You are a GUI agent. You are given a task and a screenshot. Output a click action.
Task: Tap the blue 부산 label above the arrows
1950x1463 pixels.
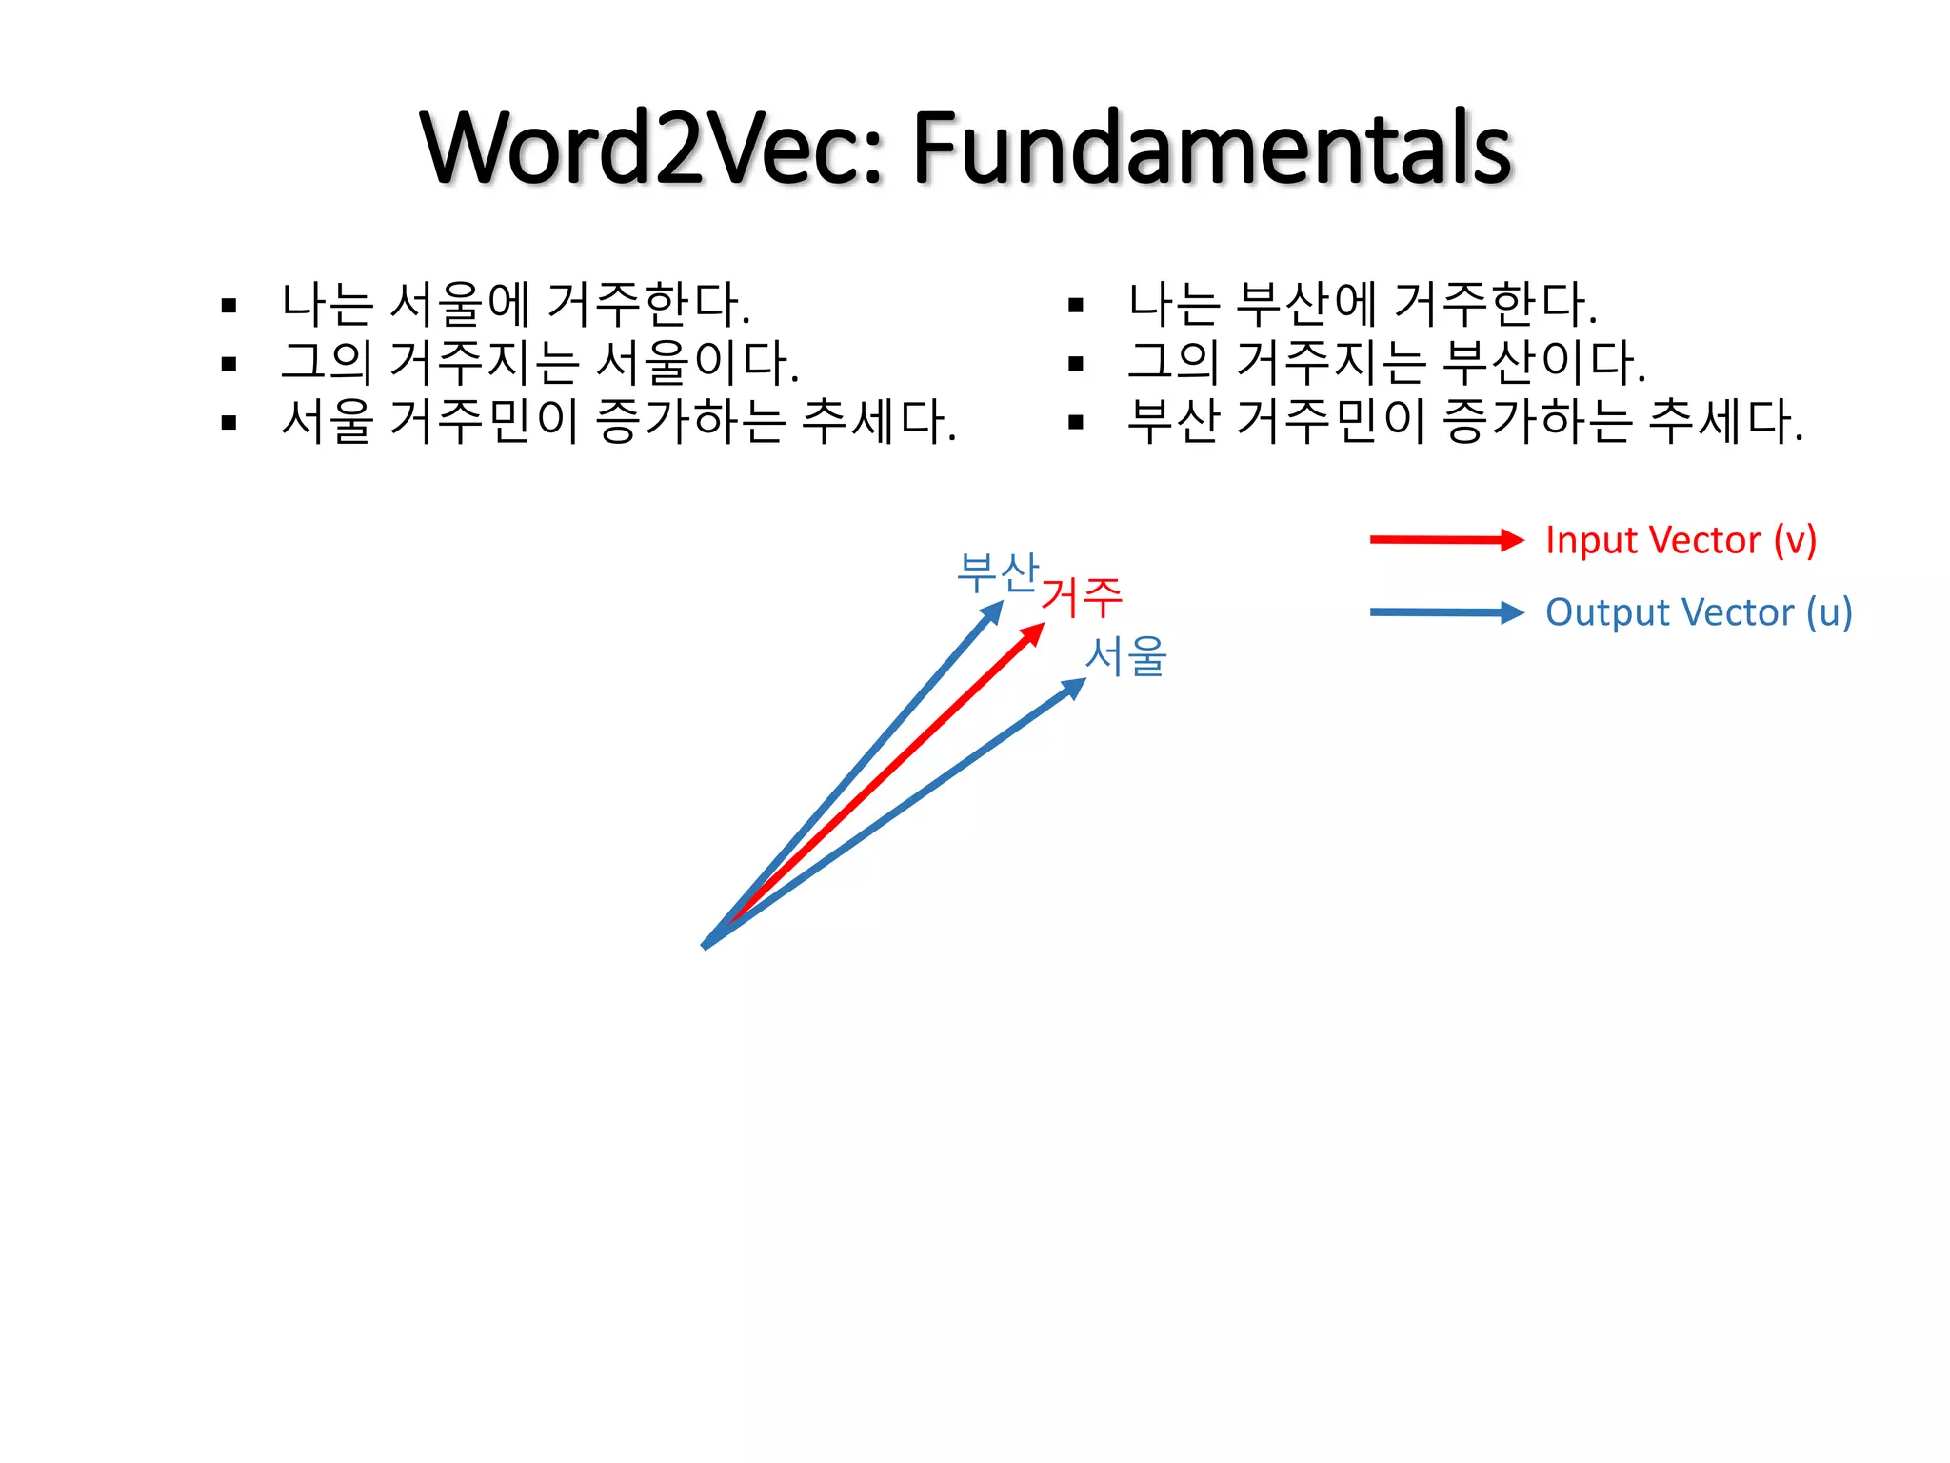[x=997, y=573]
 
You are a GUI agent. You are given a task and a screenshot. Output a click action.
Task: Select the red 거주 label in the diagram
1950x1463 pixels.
[x=1082, y=598]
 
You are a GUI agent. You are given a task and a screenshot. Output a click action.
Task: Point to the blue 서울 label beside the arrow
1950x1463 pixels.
[x=1126, y=656]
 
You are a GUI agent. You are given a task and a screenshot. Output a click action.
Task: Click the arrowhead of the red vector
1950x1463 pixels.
[x=1034, y=633]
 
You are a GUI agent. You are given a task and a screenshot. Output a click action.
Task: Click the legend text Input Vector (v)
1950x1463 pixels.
[x=1681, y=540]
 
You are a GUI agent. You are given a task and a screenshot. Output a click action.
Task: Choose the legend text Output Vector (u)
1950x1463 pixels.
[x=1698, y=612]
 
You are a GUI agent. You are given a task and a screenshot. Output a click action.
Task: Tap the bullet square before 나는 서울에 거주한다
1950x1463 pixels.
[x=229, y=306]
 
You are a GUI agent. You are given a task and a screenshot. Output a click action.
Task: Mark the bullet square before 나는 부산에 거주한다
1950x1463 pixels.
[x=1076, y=306]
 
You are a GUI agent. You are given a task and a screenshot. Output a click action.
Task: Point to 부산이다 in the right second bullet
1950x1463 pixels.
[x=1543, y=363]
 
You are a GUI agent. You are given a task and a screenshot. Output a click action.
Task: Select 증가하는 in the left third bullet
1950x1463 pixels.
[x=691, y=421]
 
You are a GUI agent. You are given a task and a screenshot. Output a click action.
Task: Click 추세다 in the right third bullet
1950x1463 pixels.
[x=1724, y=421]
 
